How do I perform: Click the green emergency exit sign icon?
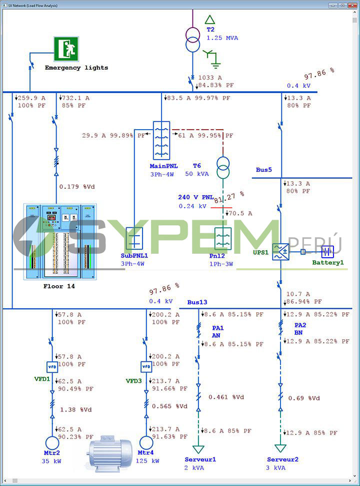coord(66,49)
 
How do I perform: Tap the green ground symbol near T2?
coord(215,63)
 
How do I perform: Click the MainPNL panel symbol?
coord(161,141)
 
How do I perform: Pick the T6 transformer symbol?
coord(223,167)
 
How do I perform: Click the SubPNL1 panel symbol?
coord(134,238)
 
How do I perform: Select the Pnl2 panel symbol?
coord(222,238)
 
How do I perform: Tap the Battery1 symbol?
coord(327,252)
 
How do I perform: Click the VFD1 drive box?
coord(53,367)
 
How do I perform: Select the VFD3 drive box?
coord(146,367)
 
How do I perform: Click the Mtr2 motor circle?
coord(52,443)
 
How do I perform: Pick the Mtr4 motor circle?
coord(145,443)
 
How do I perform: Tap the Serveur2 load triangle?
coord(280,448)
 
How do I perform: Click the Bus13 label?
coord(197,302)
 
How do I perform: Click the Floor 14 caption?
coord(59,287)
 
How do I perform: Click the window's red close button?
coord(352,5)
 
